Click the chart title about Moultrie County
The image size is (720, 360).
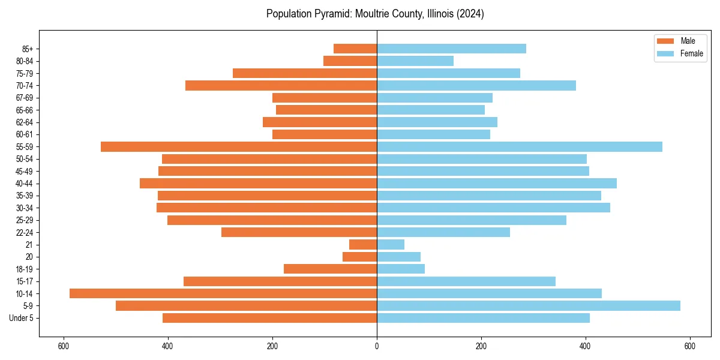(x=375, y=14)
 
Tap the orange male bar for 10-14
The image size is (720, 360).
(x=223, y=293)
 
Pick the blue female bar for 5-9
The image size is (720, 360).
(x=529, y=305)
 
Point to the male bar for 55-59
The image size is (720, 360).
(x=239, y=146)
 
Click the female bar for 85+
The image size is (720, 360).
(x=451, y=49)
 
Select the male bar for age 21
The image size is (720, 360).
(x=363, y=244)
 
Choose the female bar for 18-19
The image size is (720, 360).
(x=401, y=269)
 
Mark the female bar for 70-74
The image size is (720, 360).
(x=476, y=85)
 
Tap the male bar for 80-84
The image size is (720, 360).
(x=350, y=61)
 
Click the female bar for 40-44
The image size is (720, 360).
(x=497, y=183)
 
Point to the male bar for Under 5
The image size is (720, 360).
(x=269, y=318)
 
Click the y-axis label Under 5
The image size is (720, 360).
(x=21, y=318)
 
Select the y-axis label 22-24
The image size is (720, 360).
(x=24, y=232)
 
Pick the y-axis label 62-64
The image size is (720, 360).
(x=24, y=122)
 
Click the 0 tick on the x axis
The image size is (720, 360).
(x=377, y=346)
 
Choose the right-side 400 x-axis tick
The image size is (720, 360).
(x=585, y=346)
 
